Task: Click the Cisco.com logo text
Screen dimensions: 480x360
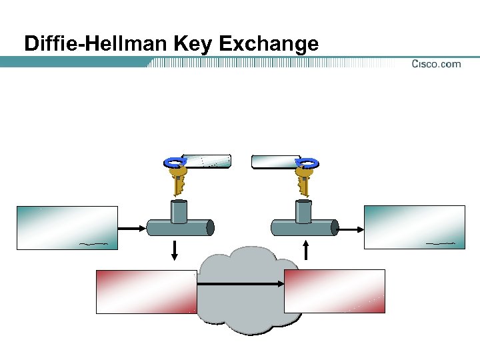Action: [436, 64]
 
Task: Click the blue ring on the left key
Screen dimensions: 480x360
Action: [175, 162]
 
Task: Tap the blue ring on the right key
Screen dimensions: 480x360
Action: [307, 162]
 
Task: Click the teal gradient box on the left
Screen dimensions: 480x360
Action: [67, 227]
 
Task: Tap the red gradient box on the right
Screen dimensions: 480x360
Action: [335, 291]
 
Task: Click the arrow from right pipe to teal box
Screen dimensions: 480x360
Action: [351, 229]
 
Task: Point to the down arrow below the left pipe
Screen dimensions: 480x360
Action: [176, 250]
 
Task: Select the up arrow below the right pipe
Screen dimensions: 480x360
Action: [306, 250]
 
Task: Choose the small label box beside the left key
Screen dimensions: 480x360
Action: [207, 160]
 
